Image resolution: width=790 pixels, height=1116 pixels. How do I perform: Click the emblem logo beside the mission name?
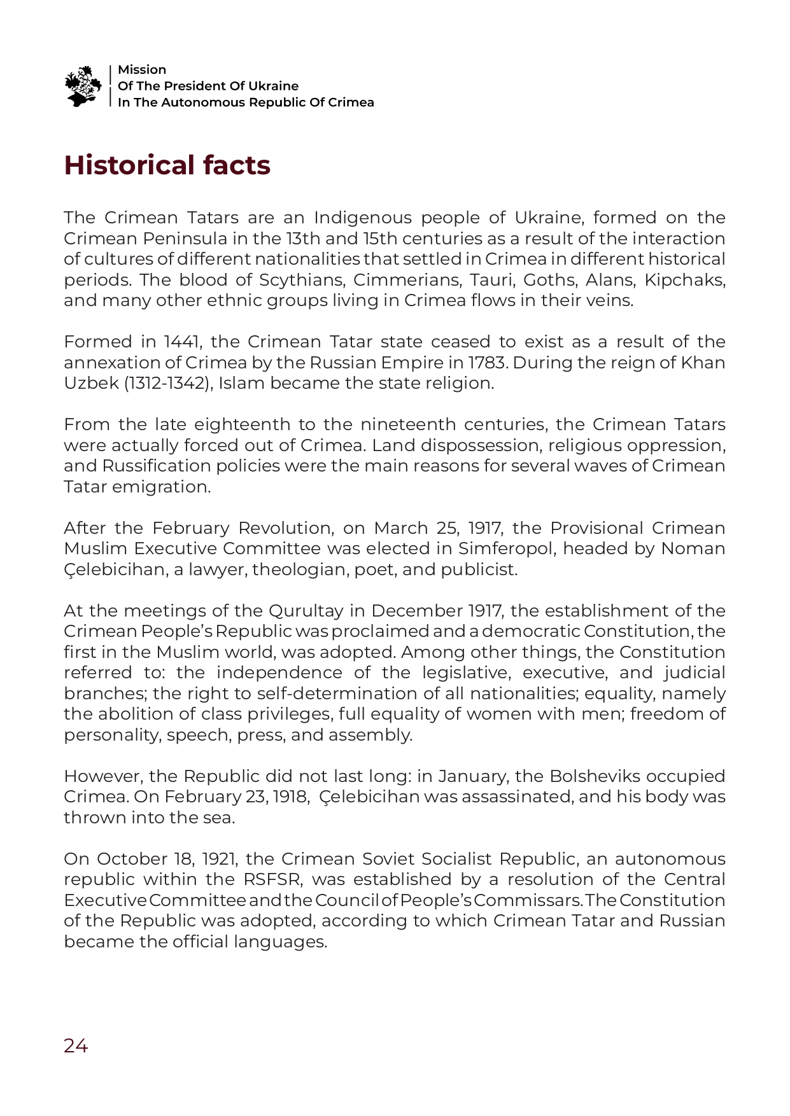(x=83, y=86)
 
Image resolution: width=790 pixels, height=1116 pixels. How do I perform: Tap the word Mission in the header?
(x=142, y=70)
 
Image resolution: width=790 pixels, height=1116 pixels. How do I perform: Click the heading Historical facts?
(x=167, y=165)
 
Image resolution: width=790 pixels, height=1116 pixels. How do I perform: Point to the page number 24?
(x=76, y=1045)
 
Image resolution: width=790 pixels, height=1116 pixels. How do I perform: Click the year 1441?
(x=182, y=342)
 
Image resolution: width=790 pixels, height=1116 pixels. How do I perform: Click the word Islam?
(x=238, y=384)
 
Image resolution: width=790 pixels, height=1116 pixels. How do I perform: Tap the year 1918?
(x=290, y=797)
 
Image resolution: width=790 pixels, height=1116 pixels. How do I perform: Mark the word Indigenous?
(x=362, y=218)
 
